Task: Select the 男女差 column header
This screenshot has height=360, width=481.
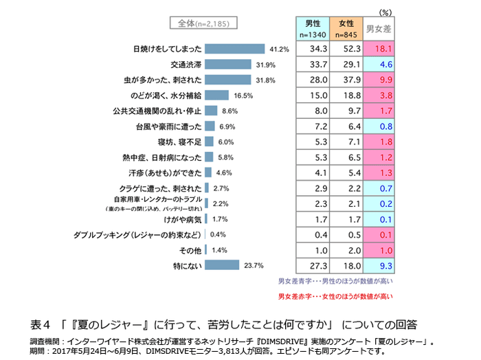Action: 379,29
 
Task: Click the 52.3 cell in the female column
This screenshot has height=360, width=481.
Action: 346,49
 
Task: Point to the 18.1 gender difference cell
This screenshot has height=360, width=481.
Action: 379,49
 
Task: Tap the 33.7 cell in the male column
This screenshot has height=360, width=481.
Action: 313,65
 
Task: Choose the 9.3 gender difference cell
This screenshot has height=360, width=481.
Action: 379,265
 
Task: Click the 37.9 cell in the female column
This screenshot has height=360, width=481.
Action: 346,80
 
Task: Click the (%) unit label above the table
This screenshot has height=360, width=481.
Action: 385,12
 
